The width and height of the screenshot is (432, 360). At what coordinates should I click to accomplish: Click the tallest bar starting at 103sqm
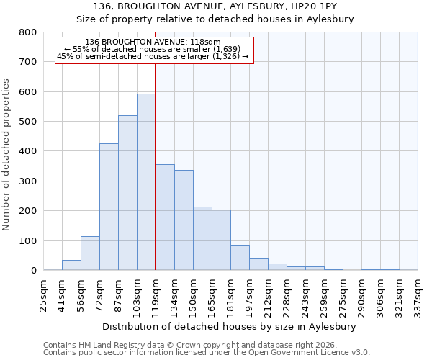pyautogui.click(x=146, y=182)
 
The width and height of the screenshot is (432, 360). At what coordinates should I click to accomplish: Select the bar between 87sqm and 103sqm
pyautogui.click(x=127, y=193)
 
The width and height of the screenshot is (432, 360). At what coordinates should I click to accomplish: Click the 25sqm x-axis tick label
pyautogui.click(x=43, y=294)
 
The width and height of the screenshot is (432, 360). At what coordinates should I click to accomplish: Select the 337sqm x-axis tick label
pyautogui.click(x=418, y=294)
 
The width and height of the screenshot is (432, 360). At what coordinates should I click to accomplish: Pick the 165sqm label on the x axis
pyautogui.click(x=212, y=294)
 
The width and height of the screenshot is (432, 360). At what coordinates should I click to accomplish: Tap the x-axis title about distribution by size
pyautogui.click(x=230, y=326)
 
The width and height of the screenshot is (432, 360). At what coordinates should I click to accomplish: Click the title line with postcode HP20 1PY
pyautogui.click(x=230, y=6)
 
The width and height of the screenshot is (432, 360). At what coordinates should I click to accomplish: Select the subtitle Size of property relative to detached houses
pyautogui.click(x=230, y=19)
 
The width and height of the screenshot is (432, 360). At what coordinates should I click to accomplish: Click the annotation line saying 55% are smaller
pyautogui.click(x=152, y=49)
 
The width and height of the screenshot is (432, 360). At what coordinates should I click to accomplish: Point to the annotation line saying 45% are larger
pyautogui.click(x=152, y=56)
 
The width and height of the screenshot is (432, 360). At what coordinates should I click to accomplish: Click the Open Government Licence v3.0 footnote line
pyautogui.click(x=207, y=353)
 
